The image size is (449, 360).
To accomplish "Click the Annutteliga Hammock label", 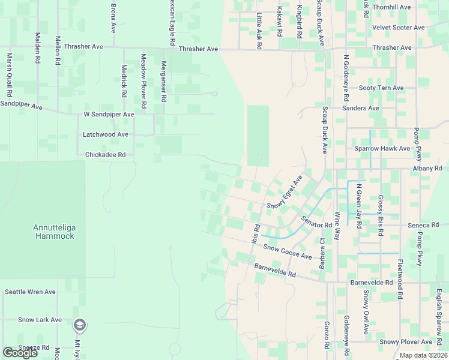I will pos(53,232).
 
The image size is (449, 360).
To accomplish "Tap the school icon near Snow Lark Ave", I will pos(79,325).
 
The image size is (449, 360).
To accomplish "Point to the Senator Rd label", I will pos(316,221).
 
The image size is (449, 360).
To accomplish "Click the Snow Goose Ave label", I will pos(288,251).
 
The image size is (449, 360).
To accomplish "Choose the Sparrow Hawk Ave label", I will pos(382,148).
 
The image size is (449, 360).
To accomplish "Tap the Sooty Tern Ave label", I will pos(381,88).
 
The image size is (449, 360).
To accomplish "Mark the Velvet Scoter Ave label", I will pos(399,28).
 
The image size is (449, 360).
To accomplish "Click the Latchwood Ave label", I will pos(106,134).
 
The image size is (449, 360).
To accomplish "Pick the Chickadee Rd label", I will pos(105,154).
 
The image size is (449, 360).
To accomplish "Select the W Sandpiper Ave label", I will pos(109,114).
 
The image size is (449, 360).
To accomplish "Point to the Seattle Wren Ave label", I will pos(30,292).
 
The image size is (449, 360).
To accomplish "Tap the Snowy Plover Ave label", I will pos(406,342).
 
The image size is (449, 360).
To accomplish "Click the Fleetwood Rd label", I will pos(399,280).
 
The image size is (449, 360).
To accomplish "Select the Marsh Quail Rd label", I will pos(10,76).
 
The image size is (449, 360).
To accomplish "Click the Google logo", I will pos(20,353).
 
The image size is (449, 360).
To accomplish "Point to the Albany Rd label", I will pos(427,169).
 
